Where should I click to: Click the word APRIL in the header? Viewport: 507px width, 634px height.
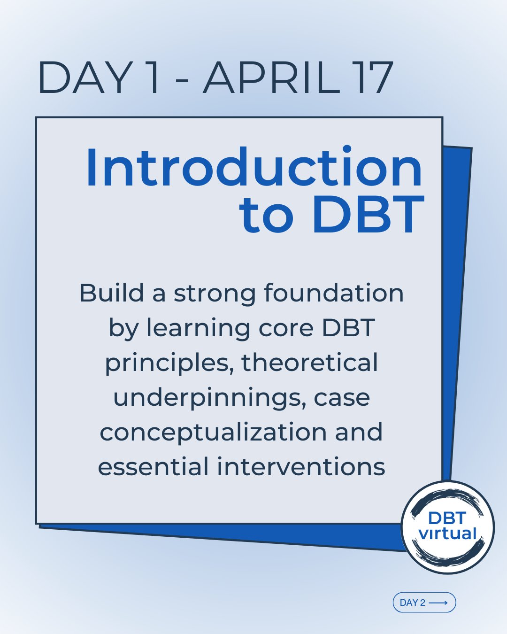pyautogui.click(x=271, y=77)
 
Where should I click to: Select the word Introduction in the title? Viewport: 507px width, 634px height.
pyautogui.click(x=254, y=167)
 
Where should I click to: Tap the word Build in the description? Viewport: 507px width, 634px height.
pyautogui.click(x=111, y=293)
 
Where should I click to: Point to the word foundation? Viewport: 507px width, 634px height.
pyautogui.click(x=334, y=293)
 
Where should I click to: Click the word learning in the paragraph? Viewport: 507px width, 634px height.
pyautogui.click(x=198, y=328)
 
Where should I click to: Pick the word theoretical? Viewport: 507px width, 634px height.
pyautogui.click(x=310, y=363)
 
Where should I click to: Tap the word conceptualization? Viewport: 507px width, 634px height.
pyautogui.click(x=213, y=433)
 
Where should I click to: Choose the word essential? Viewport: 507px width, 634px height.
pyautogui.click(x=153, y=467)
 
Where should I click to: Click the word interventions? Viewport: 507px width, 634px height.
pyautogui.click(x=301, y=467)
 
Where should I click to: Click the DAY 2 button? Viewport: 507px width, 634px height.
pyautogui.click(x=424, y=603)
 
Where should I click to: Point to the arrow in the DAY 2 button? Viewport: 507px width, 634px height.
pyautogui.click(x=438, y=603)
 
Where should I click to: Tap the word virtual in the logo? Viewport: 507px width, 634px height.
pyautogui.click(x=447, y=533)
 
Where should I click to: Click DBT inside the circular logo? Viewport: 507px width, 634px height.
pyautogui.click(x=447, y=518)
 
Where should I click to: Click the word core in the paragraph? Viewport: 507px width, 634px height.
pyautogui.click(x=286, y=329)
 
